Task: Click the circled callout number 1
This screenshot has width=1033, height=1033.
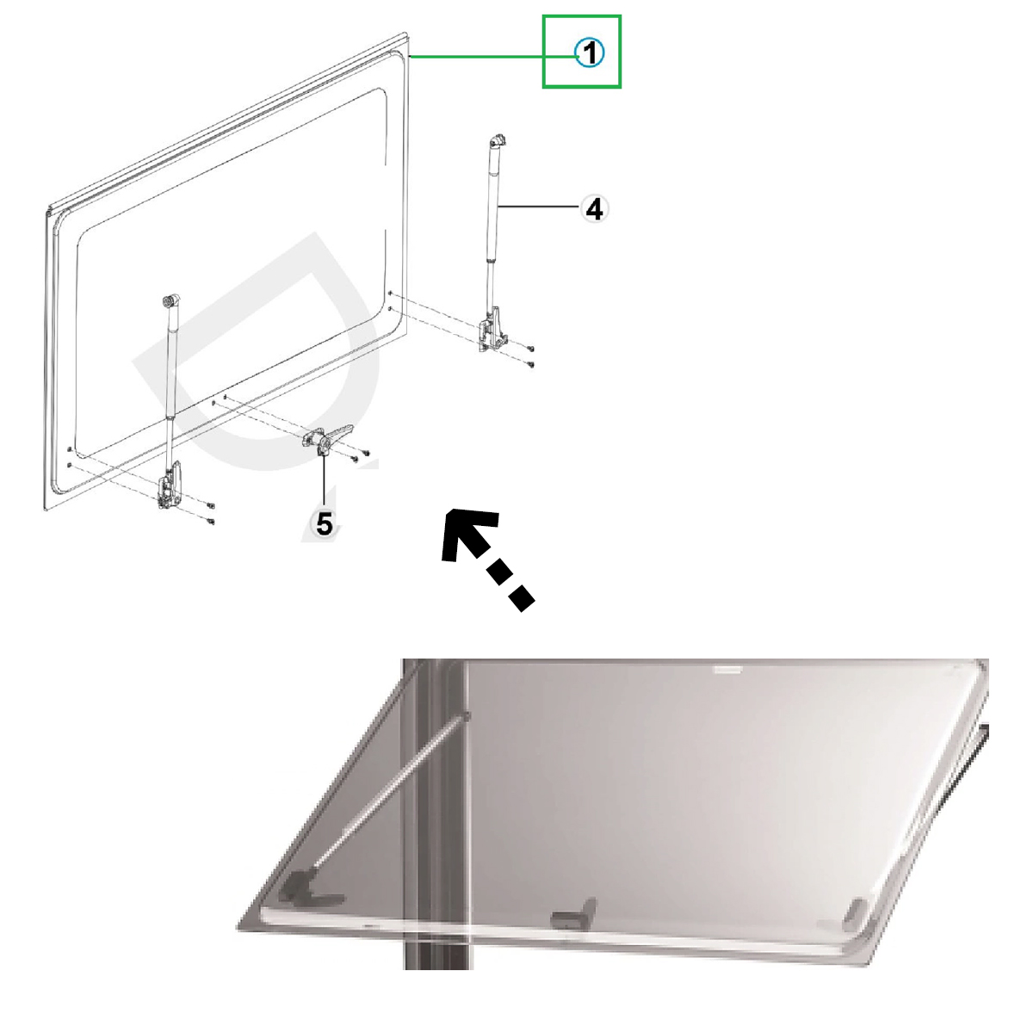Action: click(589, 53)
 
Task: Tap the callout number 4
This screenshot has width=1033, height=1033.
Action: click(594, 209)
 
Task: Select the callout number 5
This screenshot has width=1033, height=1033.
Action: click(325, 523)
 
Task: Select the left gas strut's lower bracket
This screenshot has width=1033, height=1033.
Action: click(170, 486)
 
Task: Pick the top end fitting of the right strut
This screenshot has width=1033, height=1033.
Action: click(498, 142)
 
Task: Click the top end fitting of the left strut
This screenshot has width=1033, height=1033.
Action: click(171, 301)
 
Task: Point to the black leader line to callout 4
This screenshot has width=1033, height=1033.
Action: click(538, 207)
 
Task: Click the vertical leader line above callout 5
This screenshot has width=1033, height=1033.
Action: click(324, 480)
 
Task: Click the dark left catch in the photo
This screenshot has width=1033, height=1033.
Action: click(308, 894)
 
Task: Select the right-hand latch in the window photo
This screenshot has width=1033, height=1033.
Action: click(855, 915)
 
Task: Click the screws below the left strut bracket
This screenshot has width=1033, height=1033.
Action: click(211, 512)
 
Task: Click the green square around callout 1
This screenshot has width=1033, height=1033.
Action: click(582, 16)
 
